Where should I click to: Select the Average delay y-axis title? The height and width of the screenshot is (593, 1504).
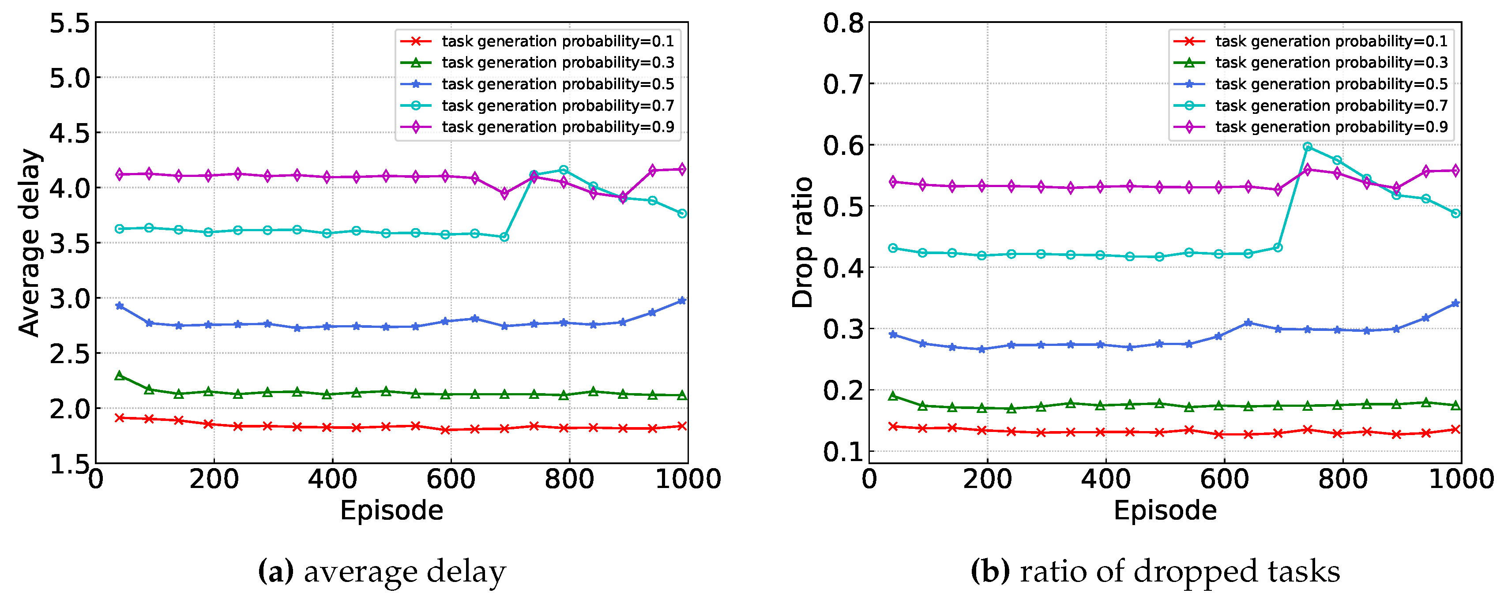point(29,242)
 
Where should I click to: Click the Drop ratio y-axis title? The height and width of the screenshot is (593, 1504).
point(803,242)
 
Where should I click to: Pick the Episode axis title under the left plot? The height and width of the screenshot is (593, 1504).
point(391,510)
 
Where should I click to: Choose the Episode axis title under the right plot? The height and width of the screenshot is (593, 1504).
point(1165,510)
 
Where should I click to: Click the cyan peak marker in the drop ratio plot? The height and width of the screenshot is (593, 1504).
point(1307,146)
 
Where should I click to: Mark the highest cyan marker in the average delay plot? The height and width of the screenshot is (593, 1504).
point(564,170)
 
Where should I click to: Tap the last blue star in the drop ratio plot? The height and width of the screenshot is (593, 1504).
point(1455,303)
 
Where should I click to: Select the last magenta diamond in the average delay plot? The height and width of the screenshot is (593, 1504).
point(682,169)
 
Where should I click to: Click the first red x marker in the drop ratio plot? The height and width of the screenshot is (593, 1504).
point(893,426)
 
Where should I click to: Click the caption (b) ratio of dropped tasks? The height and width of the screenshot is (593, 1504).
point(1155,571)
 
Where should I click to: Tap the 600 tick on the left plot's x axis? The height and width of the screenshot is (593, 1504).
point(451,479)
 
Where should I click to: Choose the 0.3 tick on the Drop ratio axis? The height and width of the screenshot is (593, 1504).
point(842,329)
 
